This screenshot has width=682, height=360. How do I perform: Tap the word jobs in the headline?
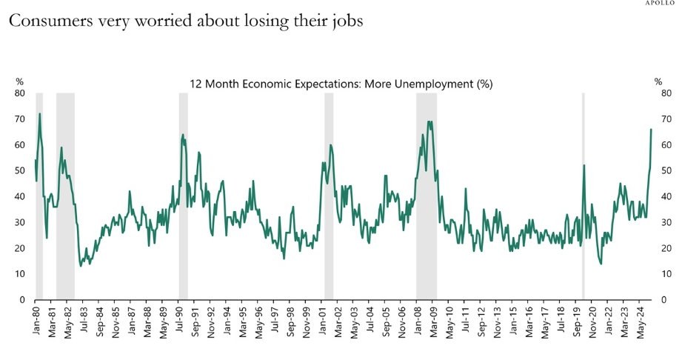(x=346, y=22)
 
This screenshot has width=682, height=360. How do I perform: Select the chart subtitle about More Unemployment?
(x=341, y=84)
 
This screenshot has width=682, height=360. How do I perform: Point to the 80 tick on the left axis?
(x=20, y=93)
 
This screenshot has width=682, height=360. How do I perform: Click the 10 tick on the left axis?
(x=20, y=274)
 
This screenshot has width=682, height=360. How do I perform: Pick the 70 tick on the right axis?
(x=666, y=119)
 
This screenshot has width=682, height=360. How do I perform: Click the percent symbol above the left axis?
(x=19, y=81)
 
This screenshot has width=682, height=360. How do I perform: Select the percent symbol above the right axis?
(x=658, y=81)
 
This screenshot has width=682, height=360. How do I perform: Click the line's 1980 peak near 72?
(x=39, y=114)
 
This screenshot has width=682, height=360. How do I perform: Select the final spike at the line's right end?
(x=651, y=130)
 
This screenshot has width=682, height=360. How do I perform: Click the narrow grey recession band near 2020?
(x=584, y=196)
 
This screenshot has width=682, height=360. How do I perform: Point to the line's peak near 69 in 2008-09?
(x=429, y=121)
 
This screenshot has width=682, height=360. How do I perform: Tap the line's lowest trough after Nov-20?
(x=601, y=264)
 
